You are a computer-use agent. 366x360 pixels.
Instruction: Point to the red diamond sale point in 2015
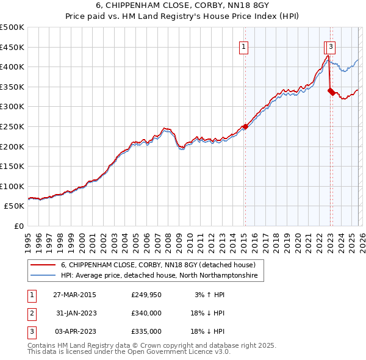pos(245,127)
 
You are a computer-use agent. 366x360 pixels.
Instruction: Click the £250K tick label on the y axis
pos(12,126)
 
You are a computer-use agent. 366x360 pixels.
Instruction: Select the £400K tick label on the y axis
pos(12,67)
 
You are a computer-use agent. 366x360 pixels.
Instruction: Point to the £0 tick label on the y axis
pos(18,226)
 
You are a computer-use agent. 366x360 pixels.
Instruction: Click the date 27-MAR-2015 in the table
pos(74,295)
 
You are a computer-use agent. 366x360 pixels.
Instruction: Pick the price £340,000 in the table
pos(146,313)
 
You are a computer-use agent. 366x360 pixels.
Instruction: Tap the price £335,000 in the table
pos(146,331)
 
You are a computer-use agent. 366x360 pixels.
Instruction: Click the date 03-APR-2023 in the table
pos(74,331)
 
